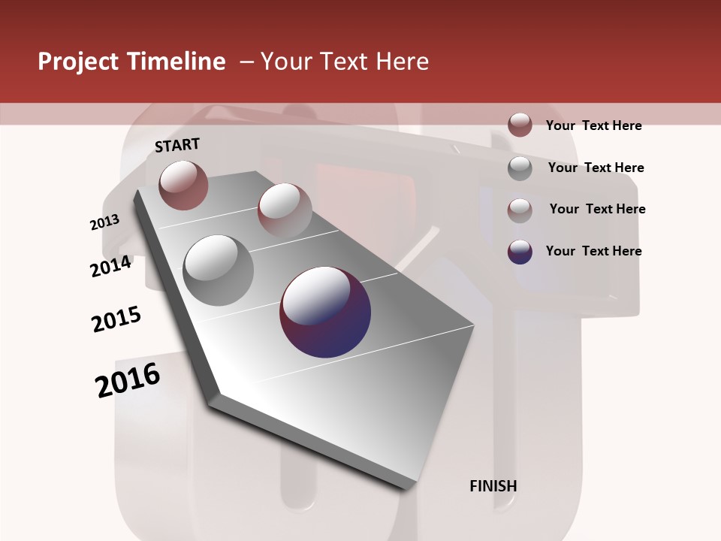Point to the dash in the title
coord(246,62)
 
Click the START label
coord(177,145)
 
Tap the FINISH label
coord(493,486)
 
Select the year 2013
coord(105,222)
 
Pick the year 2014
coord(111,267)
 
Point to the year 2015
coord(116,319)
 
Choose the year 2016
coord(128,379)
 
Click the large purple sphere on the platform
coord(325,312)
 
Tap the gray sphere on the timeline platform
coord(219,270)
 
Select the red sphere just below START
coord(183,185)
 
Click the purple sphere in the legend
coord(520,252)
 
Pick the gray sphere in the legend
coord(520,168)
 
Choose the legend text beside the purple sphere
coord(594,251)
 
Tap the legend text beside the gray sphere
coord(596,168)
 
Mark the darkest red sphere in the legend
coord(520,125)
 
